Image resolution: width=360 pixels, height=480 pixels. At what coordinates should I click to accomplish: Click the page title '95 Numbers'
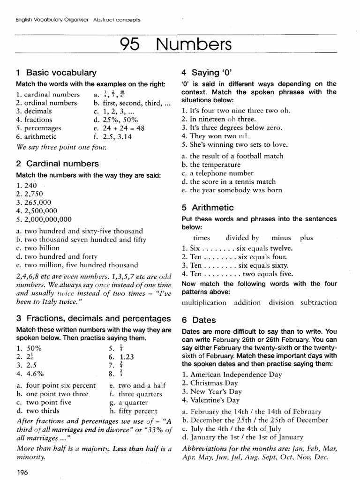tap(176, 45)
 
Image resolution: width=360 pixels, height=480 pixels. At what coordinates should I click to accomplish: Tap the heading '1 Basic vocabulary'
tap(56, 73)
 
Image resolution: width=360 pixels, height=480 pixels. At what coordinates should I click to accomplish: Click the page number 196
tap(22, 472)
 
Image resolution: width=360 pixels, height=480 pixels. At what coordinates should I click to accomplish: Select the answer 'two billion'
tap(37, 248)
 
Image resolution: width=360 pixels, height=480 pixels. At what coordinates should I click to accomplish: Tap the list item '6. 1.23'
tap(121, 356)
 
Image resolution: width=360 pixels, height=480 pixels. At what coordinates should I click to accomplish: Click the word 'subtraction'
tap(319, 302)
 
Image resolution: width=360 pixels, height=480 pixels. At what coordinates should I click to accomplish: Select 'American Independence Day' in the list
tap(232, 375)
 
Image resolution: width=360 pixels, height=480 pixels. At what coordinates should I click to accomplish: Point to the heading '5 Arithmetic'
tap(207, 208)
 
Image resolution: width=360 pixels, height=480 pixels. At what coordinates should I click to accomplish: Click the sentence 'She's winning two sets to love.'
tap(234, 144)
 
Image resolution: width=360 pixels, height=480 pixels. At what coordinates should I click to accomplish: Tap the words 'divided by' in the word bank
tap(242, 238)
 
